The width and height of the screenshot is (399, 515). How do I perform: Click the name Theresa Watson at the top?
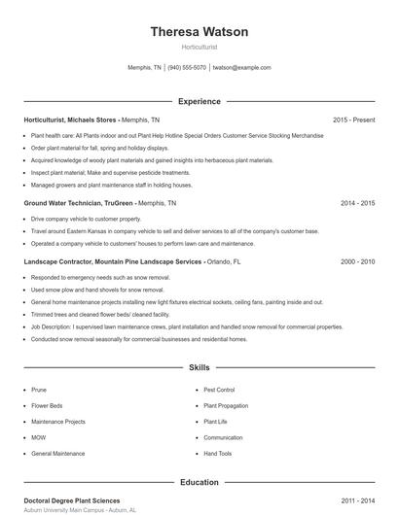(x=199, y=32)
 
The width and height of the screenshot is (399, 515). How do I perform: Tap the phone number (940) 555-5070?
(x=187, y=68)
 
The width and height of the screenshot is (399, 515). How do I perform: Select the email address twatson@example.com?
(x=241, y=68)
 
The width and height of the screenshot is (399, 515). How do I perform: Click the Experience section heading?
(x=199, y=101)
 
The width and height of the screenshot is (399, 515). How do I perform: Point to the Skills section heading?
(x=199, y=368)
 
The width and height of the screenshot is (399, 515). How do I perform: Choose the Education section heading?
(x=199, y=482)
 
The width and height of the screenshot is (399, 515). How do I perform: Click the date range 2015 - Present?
(x=353, y=120)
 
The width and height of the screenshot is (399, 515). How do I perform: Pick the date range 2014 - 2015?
(x=357, y=204)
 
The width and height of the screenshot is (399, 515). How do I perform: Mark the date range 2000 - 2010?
(x=357, y=262)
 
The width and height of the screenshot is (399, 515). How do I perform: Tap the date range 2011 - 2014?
(x=357, y=500)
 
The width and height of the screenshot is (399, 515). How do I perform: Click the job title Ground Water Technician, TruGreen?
(x=79, y=204)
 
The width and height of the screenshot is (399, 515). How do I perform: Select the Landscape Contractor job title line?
(x=113, y=262)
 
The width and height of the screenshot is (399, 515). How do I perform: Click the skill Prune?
(x=40, y=389)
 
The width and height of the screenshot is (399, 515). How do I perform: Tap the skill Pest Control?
(x=219, y=389)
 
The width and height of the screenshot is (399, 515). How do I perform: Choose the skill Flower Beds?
(x=47, y=405)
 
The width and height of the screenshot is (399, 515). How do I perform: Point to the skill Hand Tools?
(x=218, y=454)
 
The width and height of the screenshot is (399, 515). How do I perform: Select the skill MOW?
(x=40, y=437)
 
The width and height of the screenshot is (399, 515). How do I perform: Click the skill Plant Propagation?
(x=226, y=405)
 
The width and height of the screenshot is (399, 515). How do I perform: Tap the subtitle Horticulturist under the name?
(x=199, y=47)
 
